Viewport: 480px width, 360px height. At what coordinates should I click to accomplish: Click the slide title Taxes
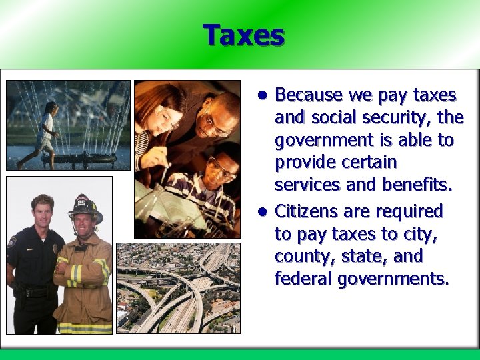point(244,35)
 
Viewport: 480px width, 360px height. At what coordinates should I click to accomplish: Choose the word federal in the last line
point(303,279)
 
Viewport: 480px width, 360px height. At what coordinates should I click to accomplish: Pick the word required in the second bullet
point(411,211)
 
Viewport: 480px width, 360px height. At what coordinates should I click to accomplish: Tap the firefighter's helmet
point(85,206)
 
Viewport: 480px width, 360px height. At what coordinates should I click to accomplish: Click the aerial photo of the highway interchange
point(177,287)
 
